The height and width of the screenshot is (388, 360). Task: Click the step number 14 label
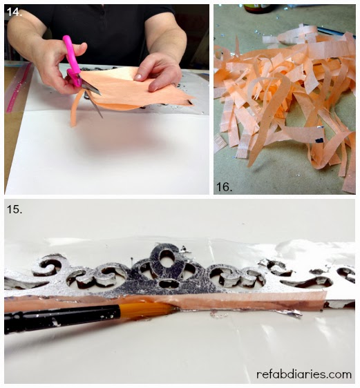pos(15,12)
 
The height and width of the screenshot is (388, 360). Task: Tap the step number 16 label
pos(225,187)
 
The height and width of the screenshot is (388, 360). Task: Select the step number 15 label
pos(15,209)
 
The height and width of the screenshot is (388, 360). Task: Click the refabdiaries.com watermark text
pos(304,374)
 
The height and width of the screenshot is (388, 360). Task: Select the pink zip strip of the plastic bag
pos(19,88)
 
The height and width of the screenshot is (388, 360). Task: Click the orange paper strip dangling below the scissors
pos(75,109)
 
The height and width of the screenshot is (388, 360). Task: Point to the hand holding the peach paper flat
pos(158,71)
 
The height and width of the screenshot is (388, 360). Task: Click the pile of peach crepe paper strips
pos(287,99)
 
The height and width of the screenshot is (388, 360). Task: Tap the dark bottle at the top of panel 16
pos(256,8)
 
